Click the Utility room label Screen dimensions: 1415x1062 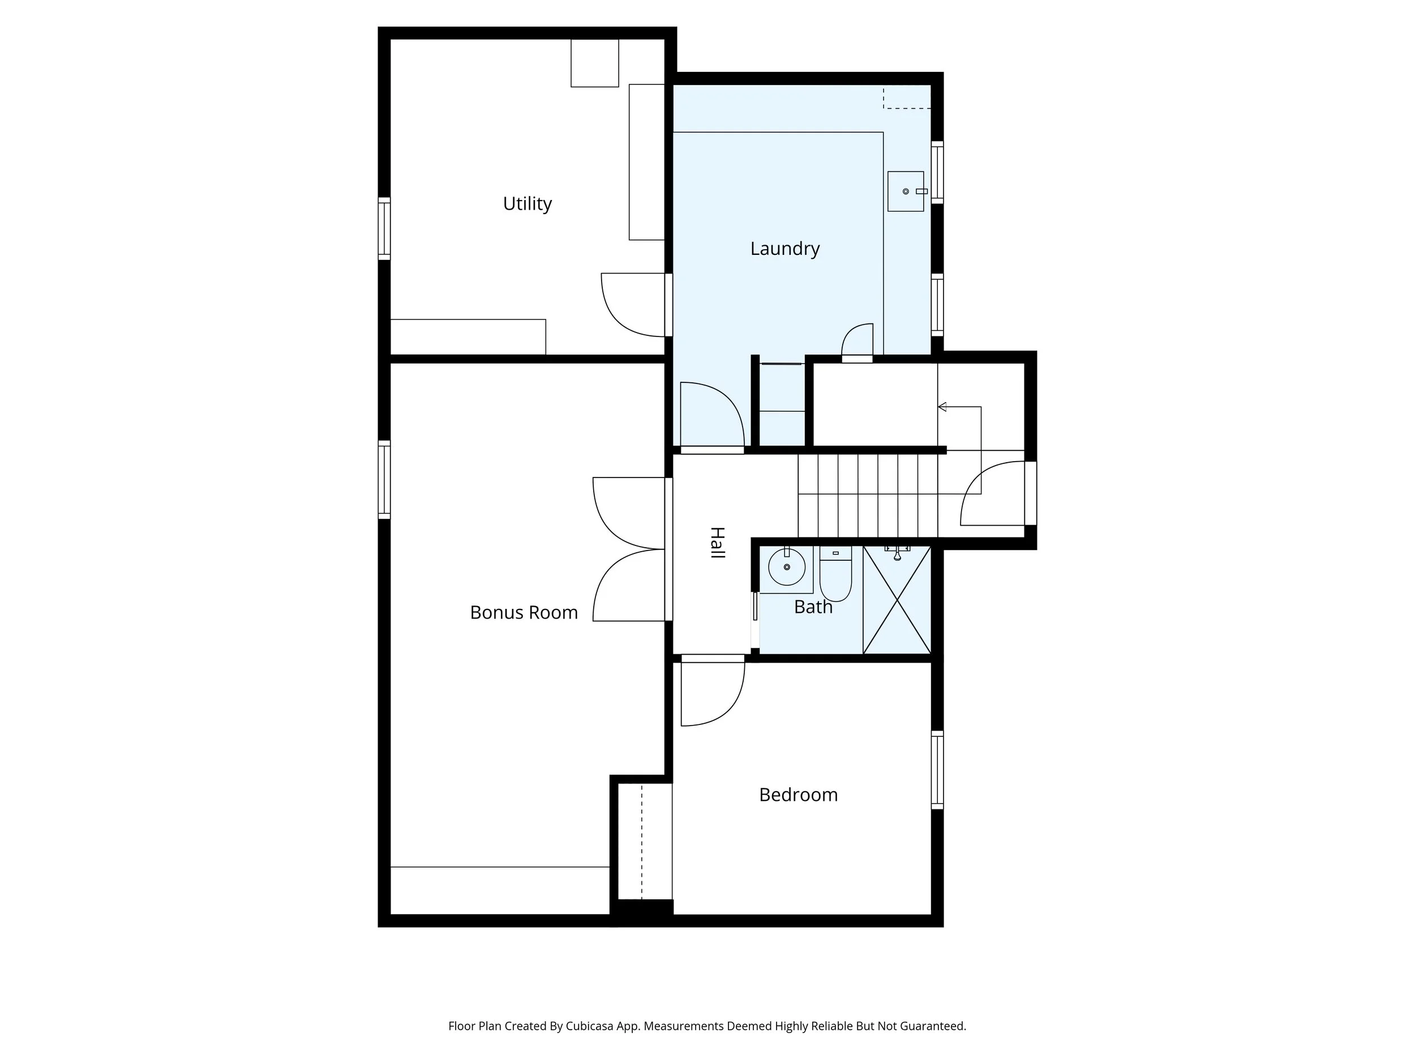pos(527,203)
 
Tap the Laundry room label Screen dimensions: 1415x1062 pos(785,249)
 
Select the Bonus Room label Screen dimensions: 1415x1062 pos(524,613)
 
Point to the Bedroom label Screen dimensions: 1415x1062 pos(798,795)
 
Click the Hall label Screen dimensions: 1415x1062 pos(718,543)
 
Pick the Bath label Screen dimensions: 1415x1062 pos(813,607)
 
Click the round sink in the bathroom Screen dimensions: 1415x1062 pos(786,566)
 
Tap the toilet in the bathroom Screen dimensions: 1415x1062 pos(835,574)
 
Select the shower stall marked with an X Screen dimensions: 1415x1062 pos(897,600)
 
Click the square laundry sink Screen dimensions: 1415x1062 pos(905,191)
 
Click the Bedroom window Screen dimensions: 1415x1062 pos(937,769)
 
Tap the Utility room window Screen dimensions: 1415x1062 pos(384,228)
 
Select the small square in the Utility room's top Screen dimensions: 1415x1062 pos(595,63)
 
